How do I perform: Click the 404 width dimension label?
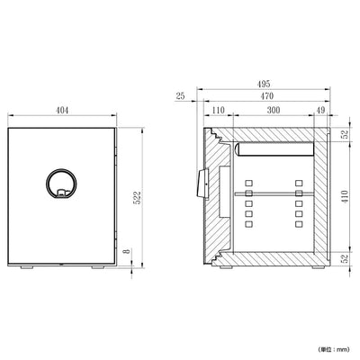[x=62, y=110]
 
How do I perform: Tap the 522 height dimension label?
[x=137, y=198]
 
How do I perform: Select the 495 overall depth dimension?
[x=264, y=84]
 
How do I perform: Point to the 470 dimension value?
[x=267, y=96]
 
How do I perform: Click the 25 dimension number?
[x=180, y=96]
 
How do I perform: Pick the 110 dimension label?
[x=218, y=110]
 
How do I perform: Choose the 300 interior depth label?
[x=274, y=110]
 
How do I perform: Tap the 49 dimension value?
[x=320, y=110]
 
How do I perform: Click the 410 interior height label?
[x=345, y=196]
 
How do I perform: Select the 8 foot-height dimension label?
[x=128, y=250]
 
